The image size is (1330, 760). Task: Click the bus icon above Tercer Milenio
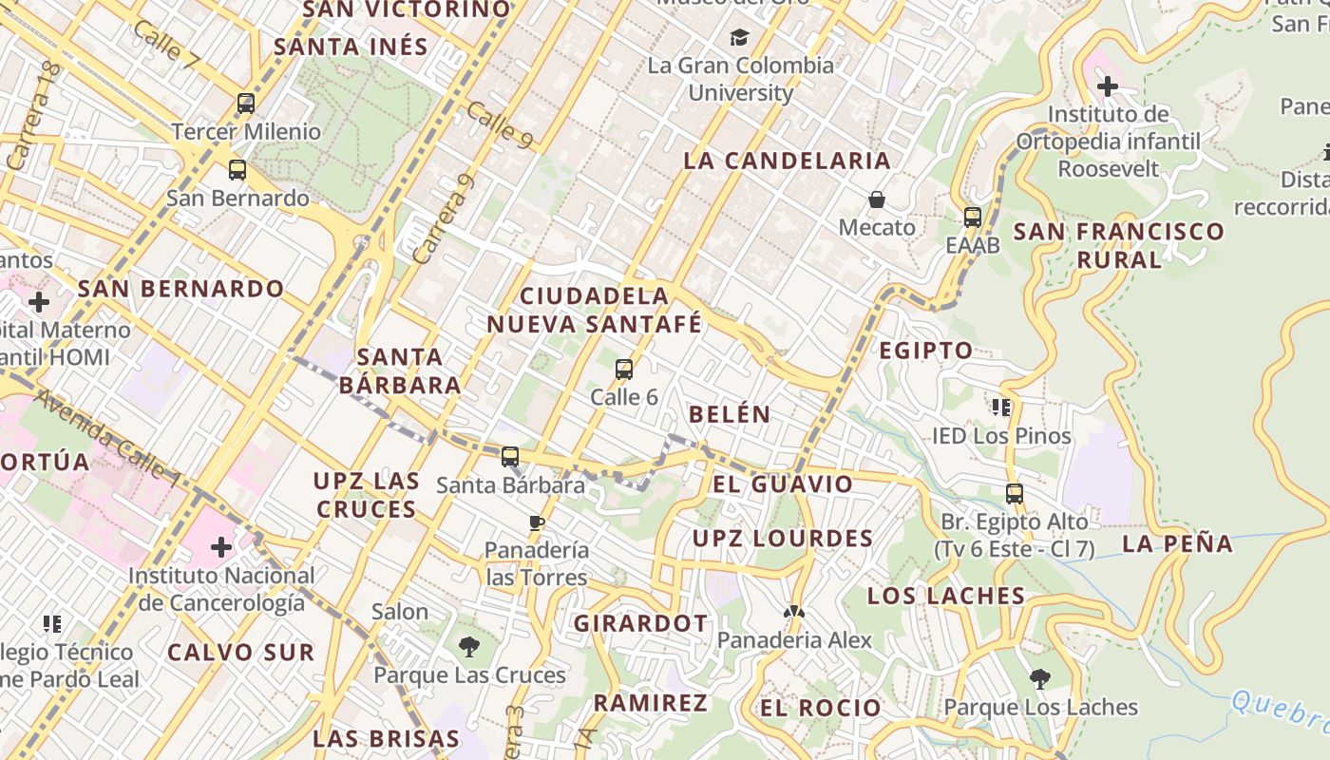click(246, 104)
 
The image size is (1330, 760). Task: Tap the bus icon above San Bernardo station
click(237, 171)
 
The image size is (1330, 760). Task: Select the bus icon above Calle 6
click(624, 370)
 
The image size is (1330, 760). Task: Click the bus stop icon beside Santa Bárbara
click(510, 457)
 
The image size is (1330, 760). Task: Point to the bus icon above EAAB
click(973, 218)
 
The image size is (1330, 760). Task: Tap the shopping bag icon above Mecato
click(877, 199)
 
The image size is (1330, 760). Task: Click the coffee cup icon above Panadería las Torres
click(537, 522)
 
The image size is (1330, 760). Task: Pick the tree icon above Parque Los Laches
click(1040, 678)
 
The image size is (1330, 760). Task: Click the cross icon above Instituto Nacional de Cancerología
click(221, 547)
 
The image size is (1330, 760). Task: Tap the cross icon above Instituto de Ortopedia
click(1107, 87)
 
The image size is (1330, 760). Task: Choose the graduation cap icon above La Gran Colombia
click(739, 38)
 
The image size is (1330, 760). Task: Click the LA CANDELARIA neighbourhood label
click(787, 161)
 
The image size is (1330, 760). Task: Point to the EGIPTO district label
click(925, 351)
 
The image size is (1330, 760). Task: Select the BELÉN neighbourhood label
click(730, 414)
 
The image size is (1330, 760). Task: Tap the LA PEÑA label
click(1177, 544)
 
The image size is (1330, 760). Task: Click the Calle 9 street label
click(500, 124)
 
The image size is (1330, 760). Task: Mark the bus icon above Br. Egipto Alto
click(1015, 494)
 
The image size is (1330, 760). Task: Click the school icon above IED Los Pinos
click(1000, 408)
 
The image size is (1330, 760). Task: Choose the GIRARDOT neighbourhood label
click(640, 624)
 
